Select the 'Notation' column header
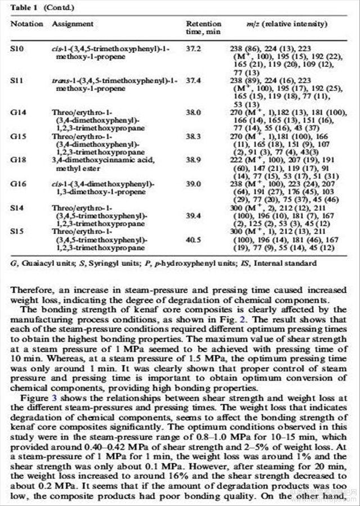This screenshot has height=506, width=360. pyautogui.click(x=26, y=25)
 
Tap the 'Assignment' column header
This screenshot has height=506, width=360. pyautogui.click(x=73, y=25)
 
